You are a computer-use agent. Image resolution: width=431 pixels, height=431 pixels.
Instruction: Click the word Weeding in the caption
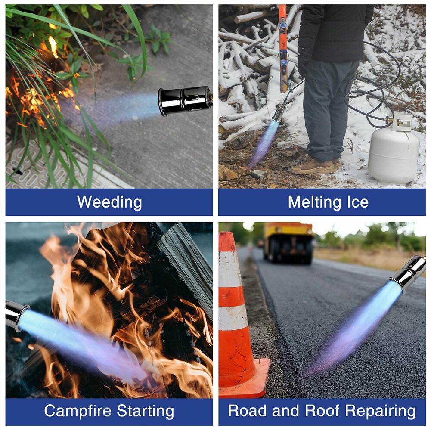[x=109, y=202]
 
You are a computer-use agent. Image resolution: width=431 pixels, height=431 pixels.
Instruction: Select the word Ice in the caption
[x=358, y=202]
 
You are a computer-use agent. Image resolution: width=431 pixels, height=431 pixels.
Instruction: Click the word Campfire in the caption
[x=78, y=411]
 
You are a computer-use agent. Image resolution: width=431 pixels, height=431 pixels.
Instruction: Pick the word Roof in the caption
[x=322, y=411]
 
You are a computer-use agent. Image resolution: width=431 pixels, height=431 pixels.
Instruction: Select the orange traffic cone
[x=239, y=316]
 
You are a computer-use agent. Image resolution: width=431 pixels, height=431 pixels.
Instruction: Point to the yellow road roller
[x=288, y=243]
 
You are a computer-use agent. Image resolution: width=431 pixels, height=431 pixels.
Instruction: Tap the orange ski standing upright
[x=283, y=48]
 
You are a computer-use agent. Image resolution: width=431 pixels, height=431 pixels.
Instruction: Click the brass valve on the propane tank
[x=389, y=120]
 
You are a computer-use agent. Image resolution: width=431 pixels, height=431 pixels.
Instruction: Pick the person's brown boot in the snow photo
[x=313, y=167]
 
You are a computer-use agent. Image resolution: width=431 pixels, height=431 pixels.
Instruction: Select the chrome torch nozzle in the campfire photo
[x=16, y=315]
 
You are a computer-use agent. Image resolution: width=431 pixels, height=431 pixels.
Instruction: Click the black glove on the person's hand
[x=304, y=65]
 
